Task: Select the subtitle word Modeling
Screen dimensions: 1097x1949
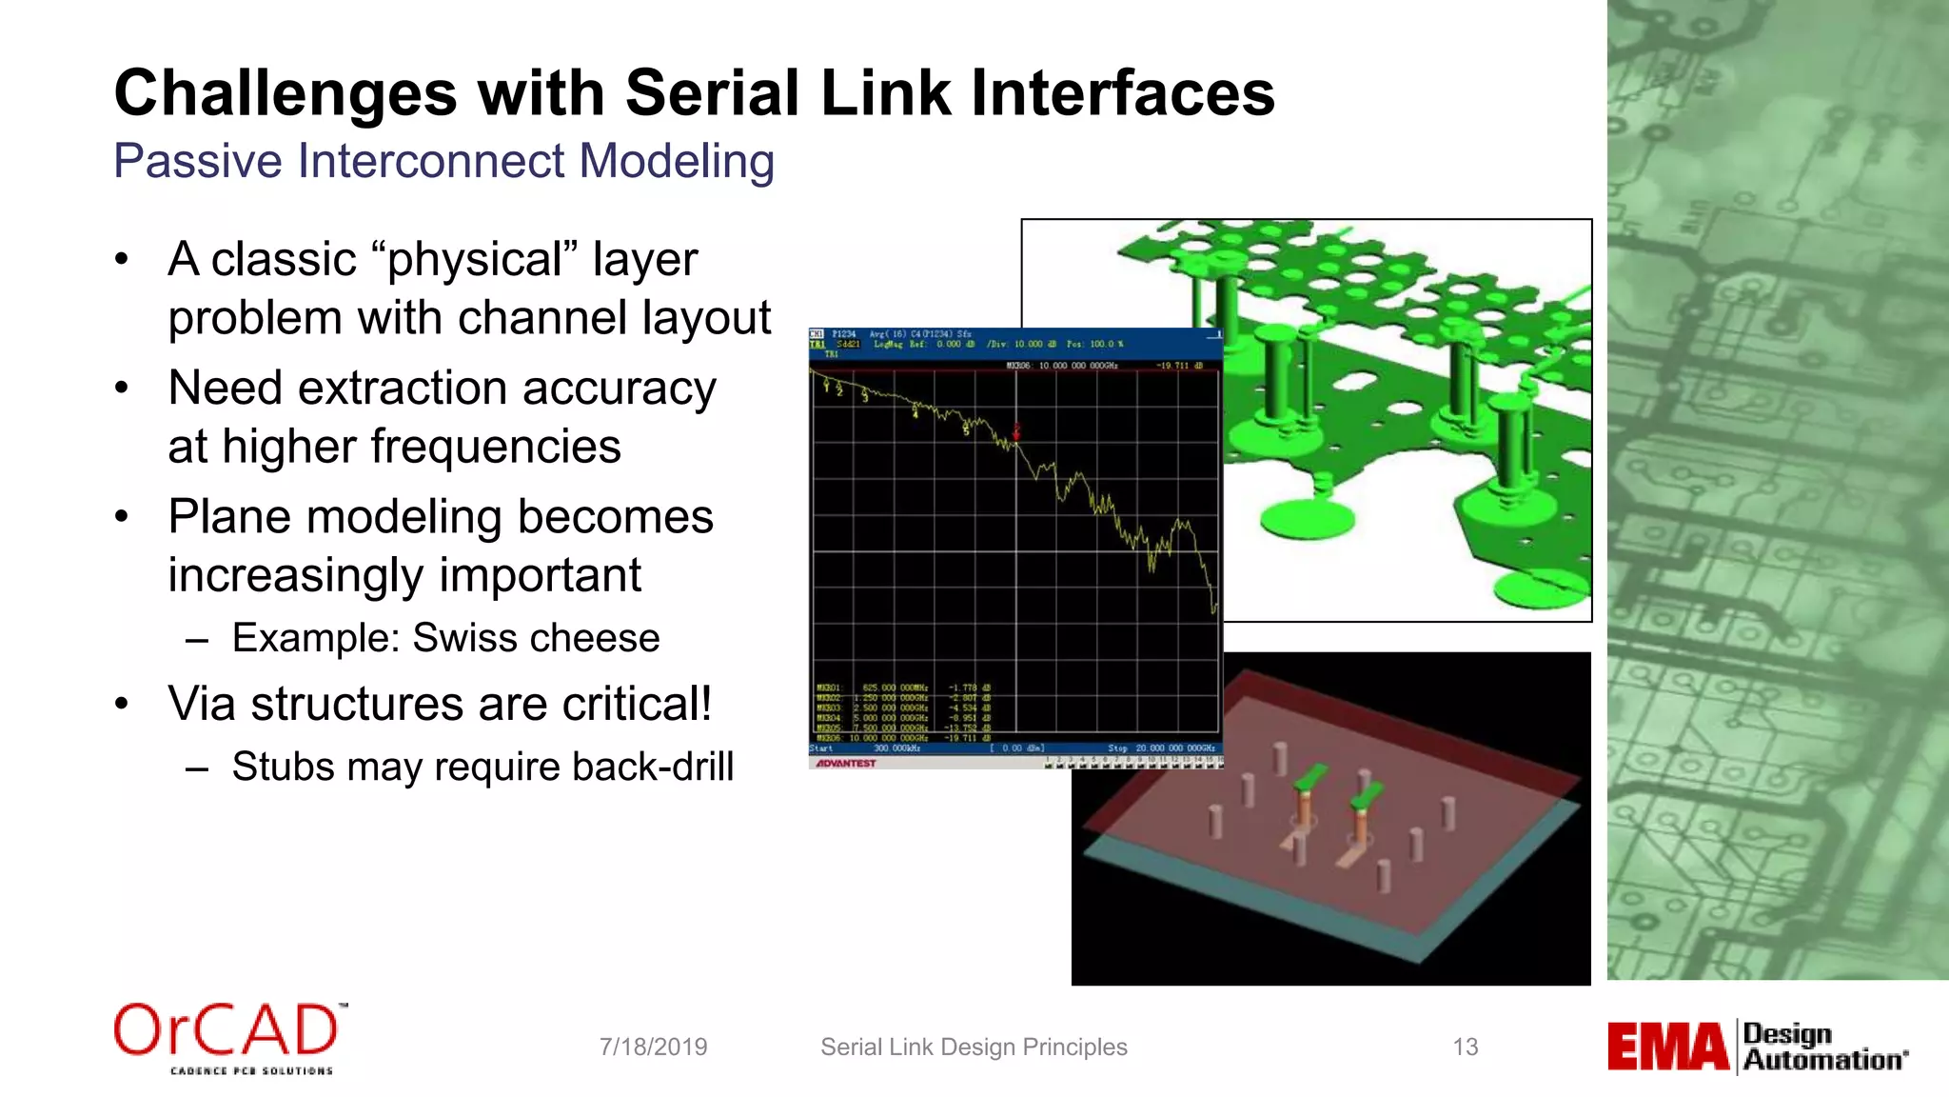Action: [x=677, y=161]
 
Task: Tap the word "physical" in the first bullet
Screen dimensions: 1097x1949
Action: [x=482, y=260]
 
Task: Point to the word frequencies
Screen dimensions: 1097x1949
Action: [x=495, y=448]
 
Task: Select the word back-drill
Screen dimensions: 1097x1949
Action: [x=653, y=767]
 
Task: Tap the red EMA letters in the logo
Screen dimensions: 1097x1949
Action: [x=1667, y=1047]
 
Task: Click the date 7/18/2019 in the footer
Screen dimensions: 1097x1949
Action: [x=653, y=1047]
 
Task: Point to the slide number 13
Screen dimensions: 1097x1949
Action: [x=1466, y=1047]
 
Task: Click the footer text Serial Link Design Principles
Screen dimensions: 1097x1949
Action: [x=974, y=1047]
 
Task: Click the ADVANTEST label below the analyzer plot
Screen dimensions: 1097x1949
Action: [x=846, y=763]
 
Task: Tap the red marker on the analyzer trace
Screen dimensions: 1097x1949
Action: [x=1016, y=430]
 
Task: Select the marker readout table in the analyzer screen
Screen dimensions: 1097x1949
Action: [x=902, y=712]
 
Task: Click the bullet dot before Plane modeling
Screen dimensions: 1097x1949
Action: [x=121, y=517]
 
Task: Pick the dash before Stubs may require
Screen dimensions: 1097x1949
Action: [x=197, y=768]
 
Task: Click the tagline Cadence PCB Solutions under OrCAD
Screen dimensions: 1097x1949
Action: [x=251, y=1071]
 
